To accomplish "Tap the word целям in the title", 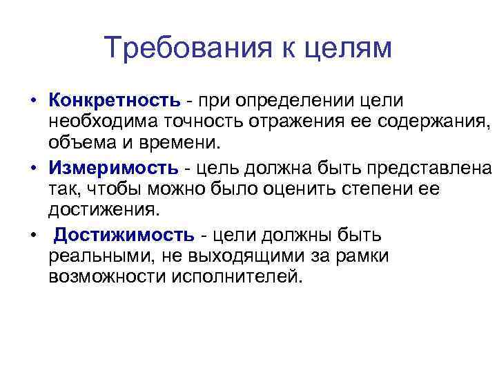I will [x=346, y=48].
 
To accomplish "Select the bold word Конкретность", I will [x=114, y=100].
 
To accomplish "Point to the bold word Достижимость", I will [x=124, y=235].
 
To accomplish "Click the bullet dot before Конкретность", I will [x=32, y=101].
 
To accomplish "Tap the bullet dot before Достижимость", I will [x=32, y=236].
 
